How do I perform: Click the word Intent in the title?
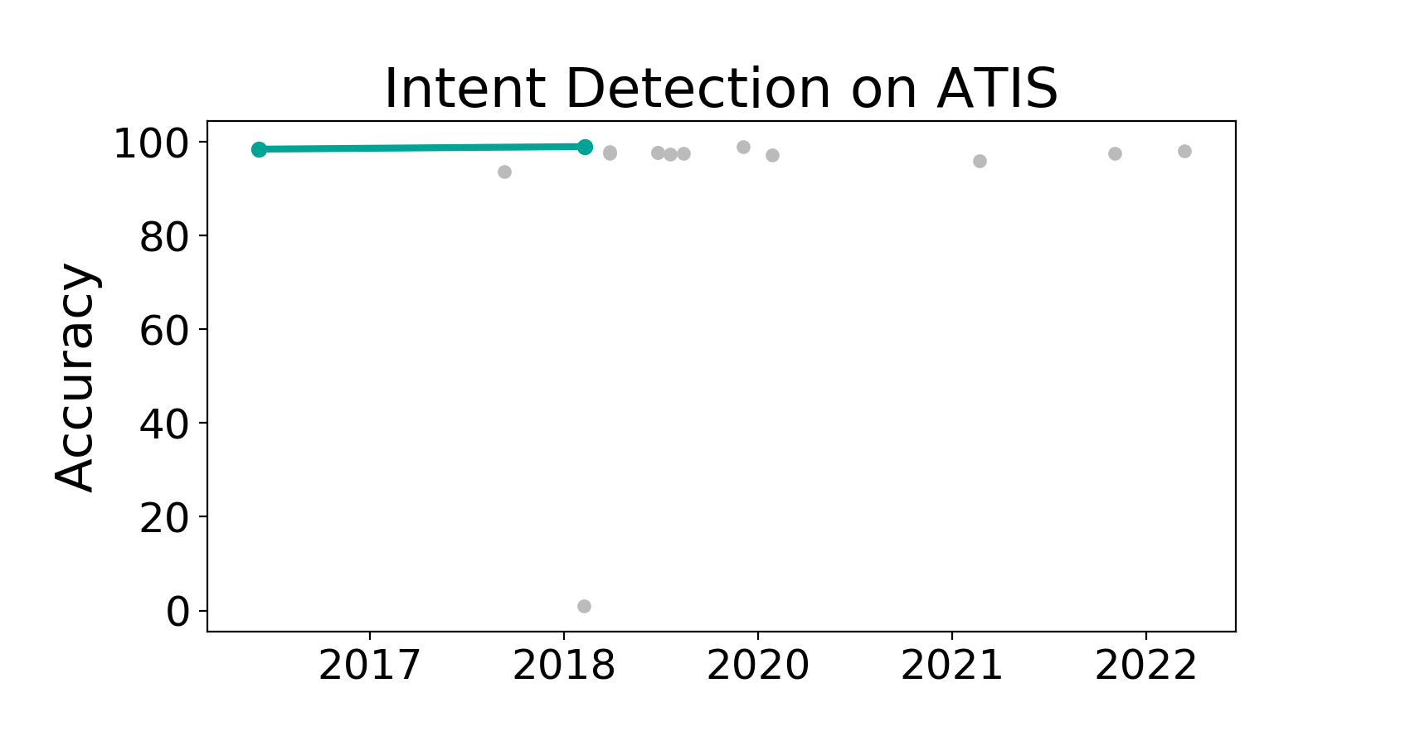coord(464,89)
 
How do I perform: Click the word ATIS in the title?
coord(997,89)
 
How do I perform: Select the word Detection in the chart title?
coord(698,89)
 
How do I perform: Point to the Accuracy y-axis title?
coord(75,377)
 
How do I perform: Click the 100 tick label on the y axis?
coord(151,144)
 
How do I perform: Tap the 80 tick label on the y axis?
coord(164,238)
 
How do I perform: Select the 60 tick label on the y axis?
coord(164,332)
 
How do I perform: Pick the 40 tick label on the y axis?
coord(164,425)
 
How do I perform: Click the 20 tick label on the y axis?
coord(164,519)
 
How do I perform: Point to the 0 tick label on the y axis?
coord(177,612)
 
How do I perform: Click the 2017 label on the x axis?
coord(369,666)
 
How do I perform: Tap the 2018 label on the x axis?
coord(563,666)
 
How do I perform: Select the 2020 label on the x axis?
coord(758,666)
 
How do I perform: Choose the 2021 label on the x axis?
coord(952,666)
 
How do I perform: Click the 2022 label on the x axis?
coord(1145,666)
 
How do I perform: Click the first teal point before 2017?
coord(259,150)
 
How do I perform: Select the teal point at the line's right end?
coord(585,148)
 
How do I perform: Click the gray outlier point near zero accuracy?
coord(584,607)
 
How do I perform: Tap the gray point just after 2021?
coord(980,162)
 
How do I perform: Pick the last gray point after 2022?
coord(1184,152)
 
